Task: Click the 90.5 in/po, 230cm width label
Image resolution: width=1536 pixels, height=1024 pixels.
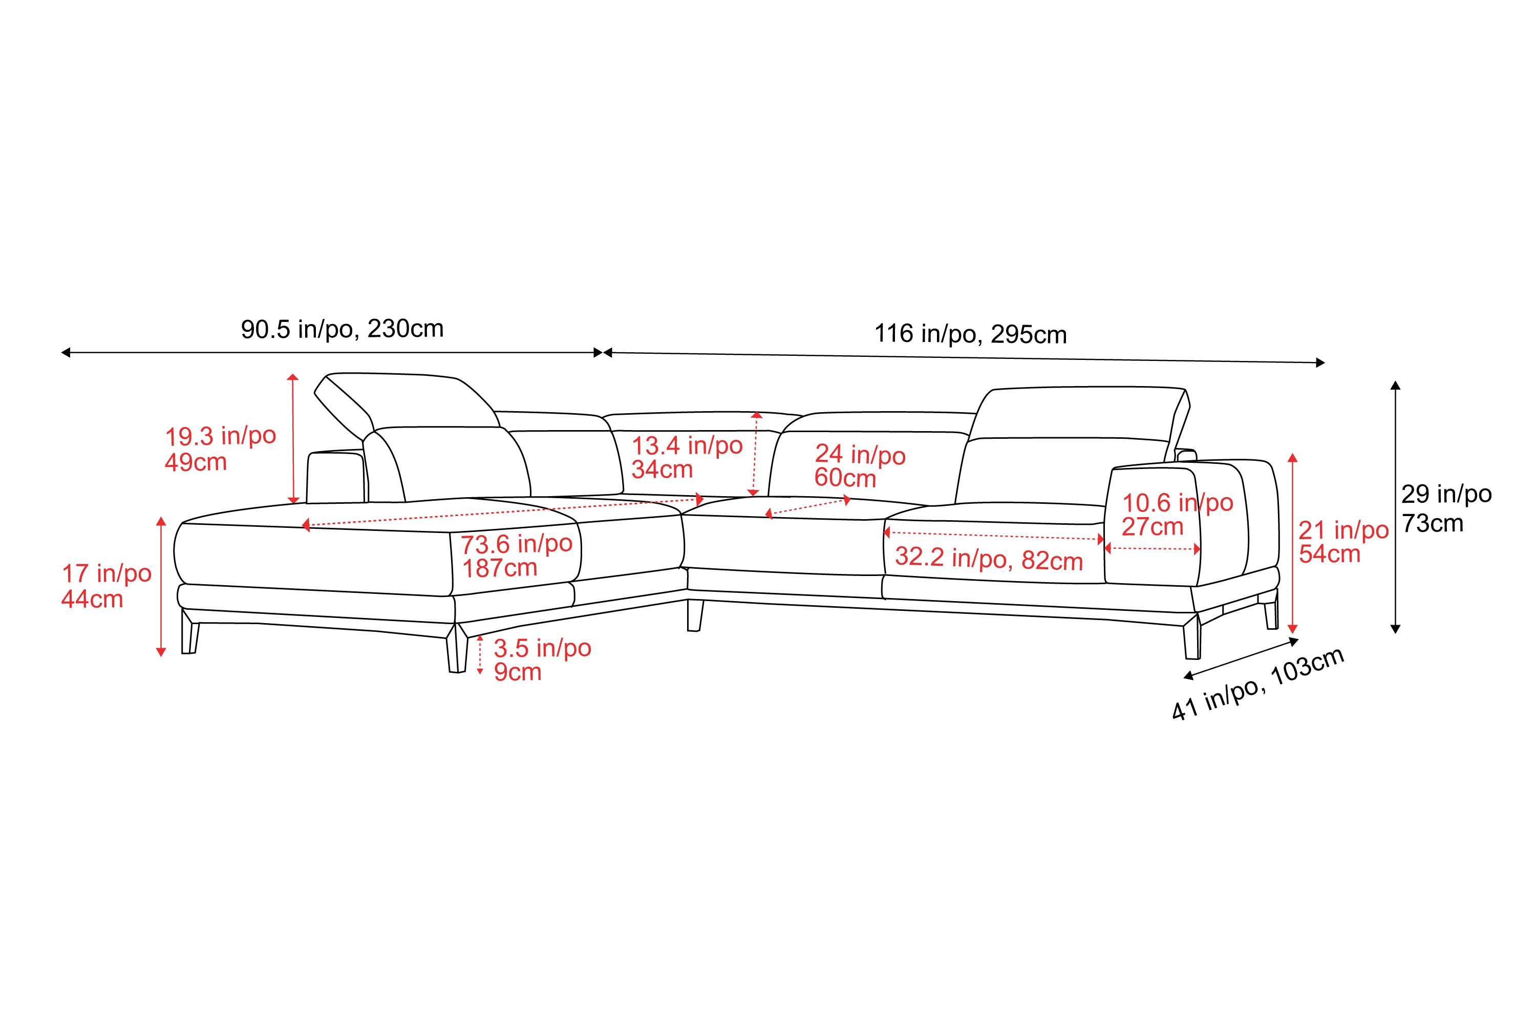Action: tap(342, 329)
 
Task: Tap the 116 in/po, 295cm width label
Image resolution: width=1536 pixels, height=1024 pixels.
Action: tap(970, 334)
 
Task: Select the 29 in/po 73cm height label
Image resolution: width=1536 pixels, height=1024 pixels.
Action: tap(1446, 508)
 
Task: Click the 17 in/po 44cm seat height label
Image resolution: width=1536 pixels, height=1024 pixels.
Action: tap(106, 586)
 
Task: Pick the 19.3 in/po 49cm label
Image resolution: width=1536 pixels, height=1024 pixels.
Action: tap(220, 449)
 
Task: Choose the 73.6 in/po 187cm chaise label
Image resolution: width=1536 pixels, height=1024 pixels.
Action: tap(517, 556)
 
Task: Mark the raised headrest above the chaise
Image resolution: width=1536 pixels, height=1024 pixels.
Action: tap(405, 408)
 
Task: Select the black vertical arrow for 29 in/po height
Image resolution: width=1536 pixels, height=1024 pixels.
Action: tap(1396, 507)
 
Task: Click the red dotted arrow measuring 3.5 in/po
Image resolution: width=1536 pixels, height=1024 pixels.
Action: tap(480, 654)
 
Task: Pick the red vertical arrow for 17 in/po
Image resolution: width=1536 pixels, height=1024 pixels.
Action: tap(161, 586)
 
